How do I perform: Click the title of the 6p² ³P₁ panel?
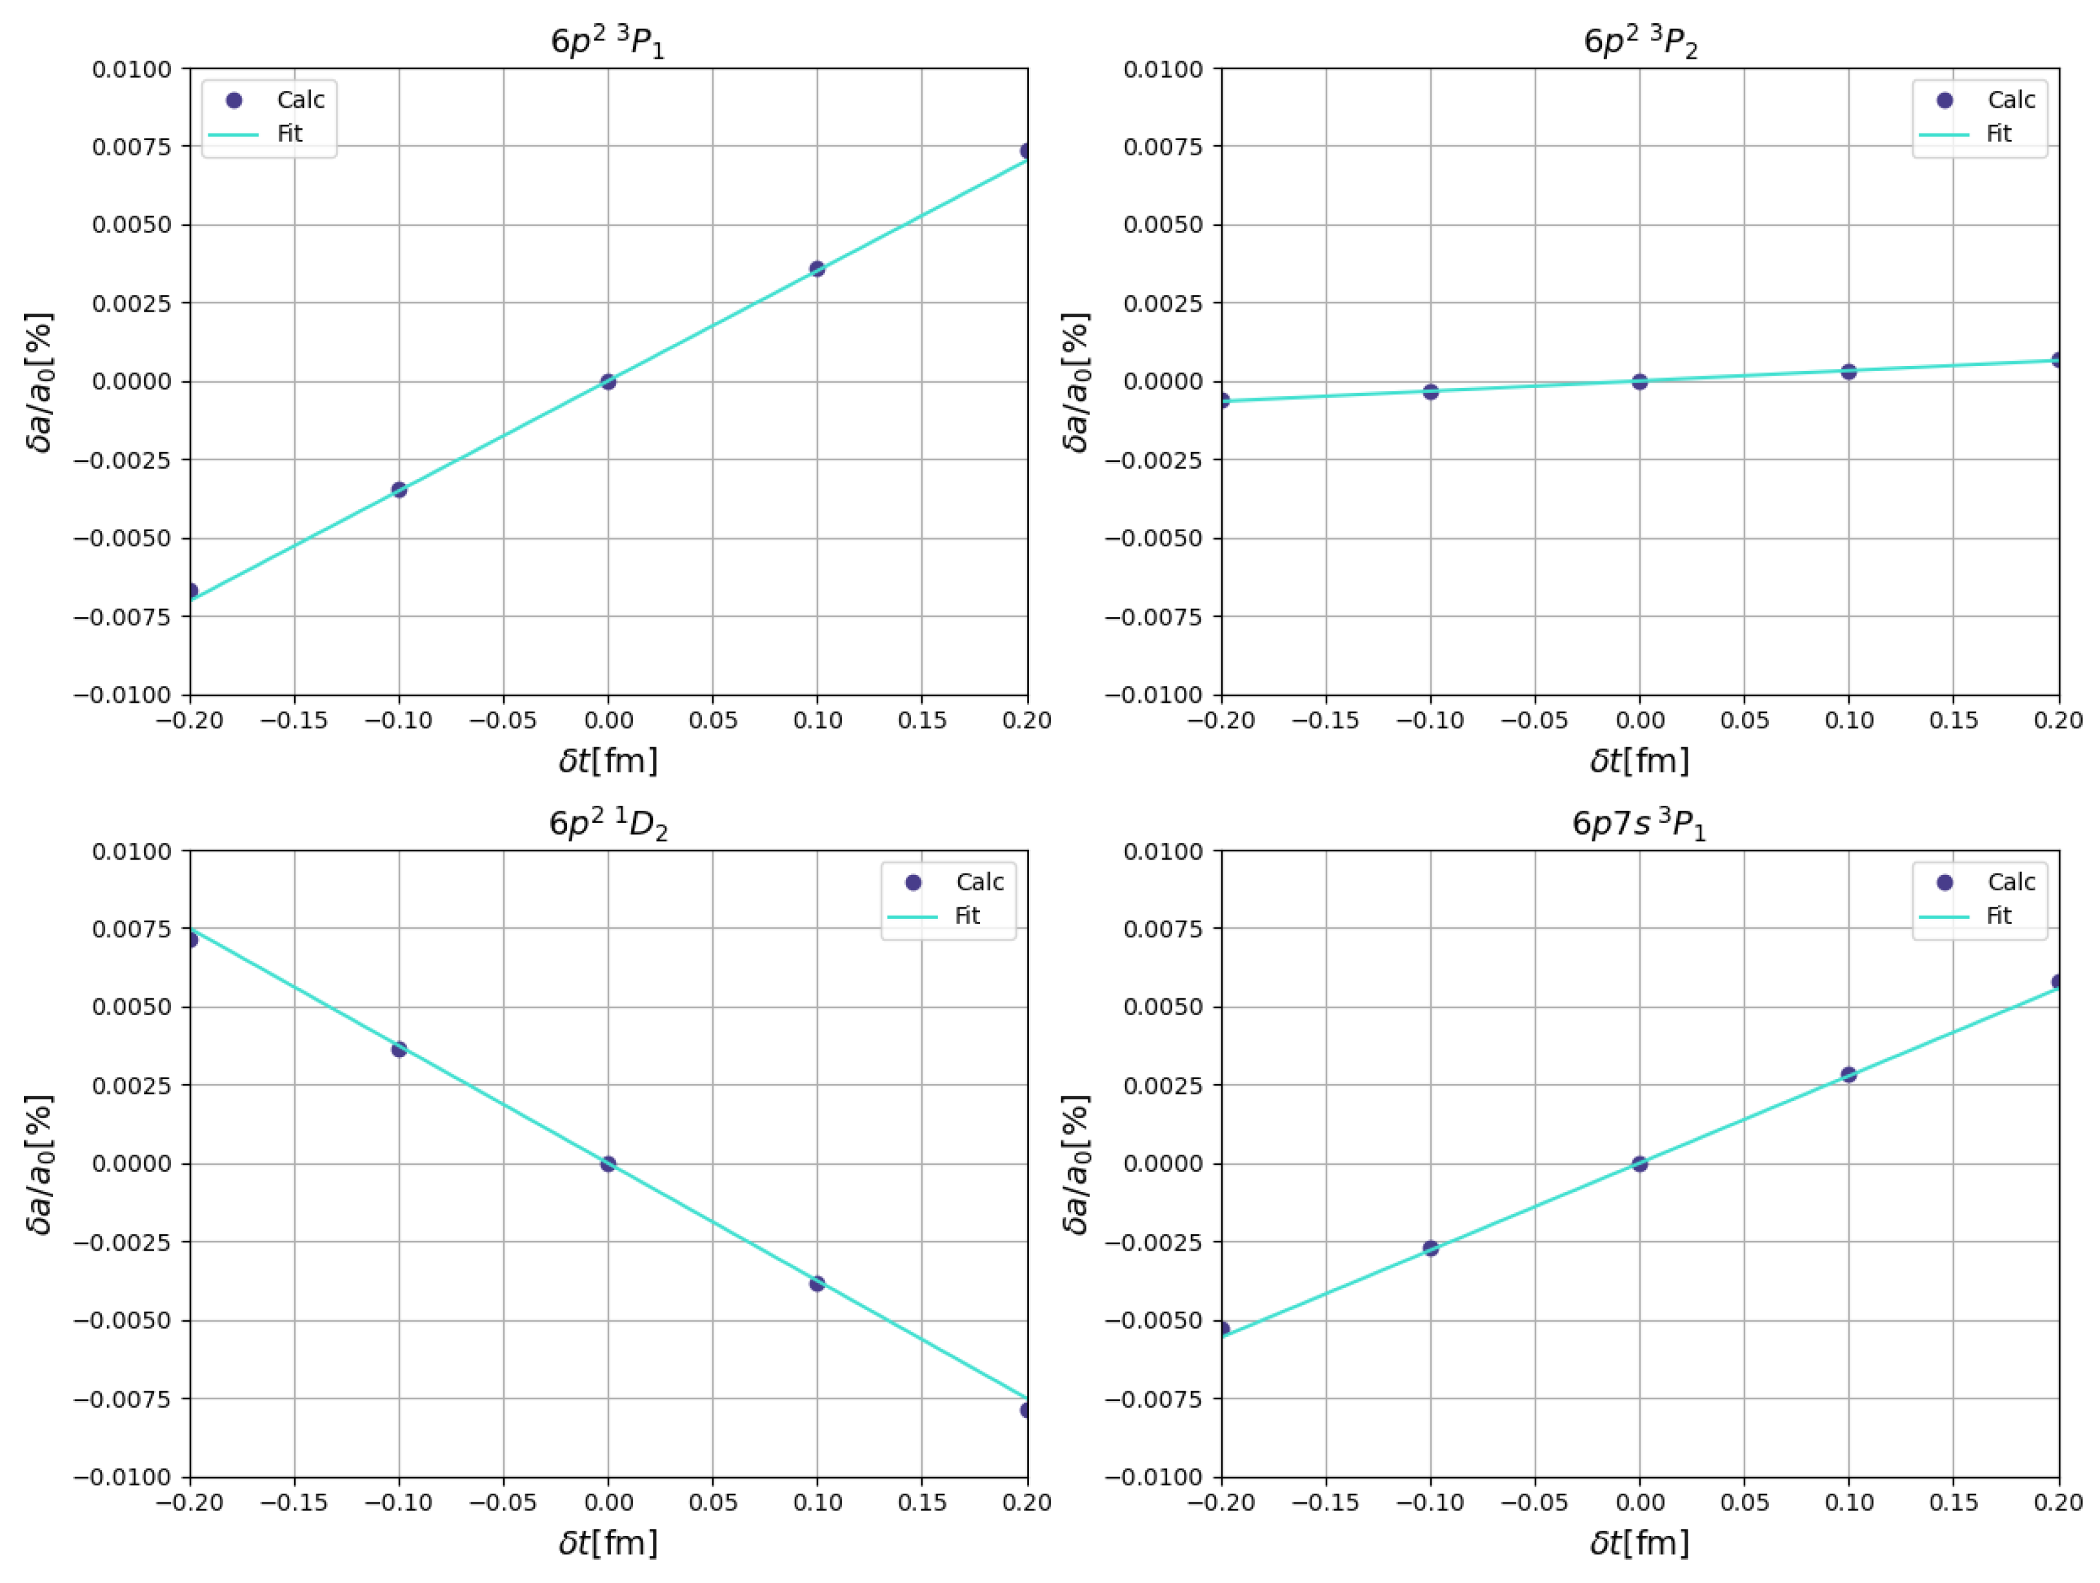point(608,42)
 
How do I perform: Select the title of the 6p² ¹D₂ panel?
point(608,823)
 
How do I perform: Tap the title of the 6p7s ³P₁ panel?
point(1639,823)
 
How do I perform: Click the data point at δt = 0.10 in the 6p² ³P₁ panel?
point(817,268)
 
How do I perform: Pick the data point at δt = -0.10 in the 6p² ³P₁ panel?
point(399,490)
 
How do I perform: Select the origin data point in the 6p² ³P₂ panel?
point(1639,382)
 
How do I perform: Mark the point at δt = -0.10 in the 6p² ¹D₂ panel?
point(399,1049)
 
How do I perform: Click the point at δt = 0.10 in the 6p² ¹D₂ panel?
point(817,1284)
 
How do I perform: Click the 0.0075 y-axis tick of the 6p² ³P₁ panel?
point(131,146)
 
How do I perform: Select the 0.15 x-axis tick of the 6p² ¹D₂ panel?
point(922,1503)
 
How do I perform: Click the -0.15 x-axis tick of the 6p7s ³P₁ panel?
point(1326,1503)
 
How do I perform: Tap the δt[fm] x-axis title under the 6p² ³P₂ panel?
point(1639,761)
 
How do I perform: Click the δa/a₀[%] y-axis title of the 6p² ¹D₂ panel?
point(40,1164)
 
